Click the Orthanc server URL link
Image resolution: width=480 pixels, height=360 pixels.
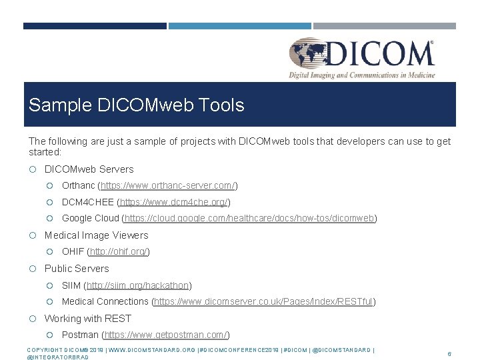[x=168, y=185]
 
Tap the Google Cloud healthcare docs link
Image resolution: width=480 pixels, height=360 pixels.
[x=250, y=218]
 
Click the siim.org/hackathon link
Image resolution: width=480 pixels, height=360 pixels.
[x=146, y=285]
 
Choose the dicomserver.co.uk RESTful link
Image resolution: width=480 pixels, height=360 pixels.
[x=263, y=301]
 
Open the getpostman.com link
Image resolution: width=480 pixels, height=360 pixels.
[x=167, y=335]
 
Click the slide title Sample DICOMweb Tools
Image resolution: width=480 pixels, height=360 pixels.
[x=137, y=105]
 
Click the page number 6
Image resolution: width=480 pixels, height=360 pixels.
[x=449, y=354]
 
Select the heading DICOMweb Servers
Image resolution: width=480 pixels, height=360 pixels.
[x=89, y=169]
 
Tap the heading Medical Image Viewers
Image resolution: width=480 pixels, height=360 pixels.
[x=96, y=235]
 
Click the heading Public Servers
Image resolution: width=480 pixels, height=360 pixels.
[x=76, y=269]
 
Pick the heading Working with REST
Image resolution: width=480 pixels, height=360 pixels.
[x=87, y=319]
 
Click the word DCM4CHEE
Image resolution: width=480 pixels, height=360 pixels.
[x=88, y=202]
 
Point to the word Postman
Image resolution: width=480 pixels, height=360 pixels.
[x=79, y=335]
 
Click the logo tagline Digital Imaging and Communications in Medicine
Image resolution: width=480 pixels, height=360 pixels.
[x=361, y=75]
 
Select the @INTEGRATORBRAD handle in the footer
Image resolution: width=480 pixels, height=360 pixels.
[x=57, y=357]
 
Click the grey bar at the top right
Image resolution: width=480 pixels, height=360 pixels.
[x=385, y=26]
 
